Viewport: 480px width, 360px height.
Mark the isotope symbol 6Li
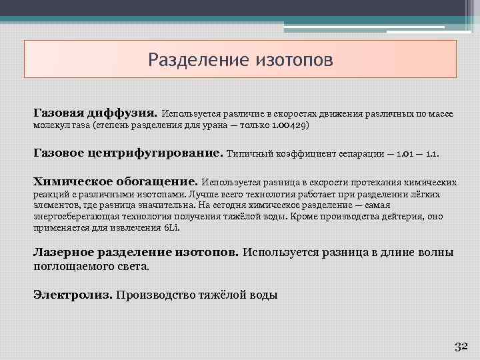pos(172,227)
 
